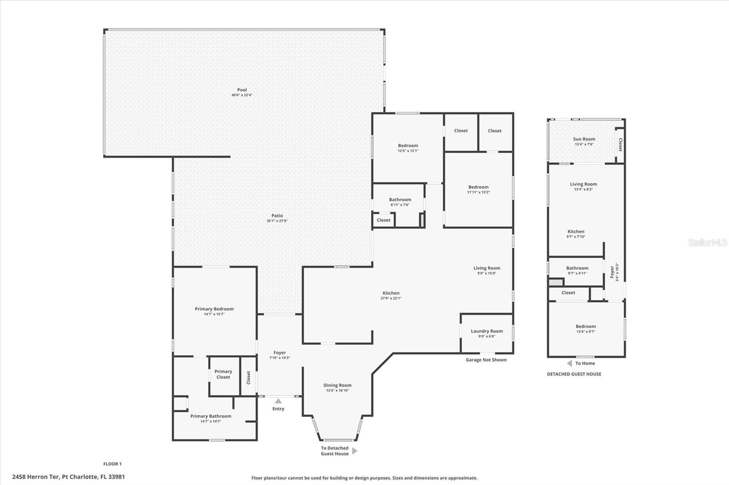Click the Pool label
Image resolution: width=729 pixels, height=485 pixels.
pyautogui.click(x=242, y=90)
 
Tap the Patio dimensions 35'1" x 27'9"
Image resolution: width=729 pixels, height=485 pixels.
pyautogui.click(x=277, y=221)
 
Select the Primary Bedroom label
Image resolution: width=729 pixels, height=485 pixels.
pyautogui.click(x=214, y=309)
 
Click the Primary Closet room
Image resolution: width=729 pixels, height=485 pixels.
pyautogui.click(x=223, y=374)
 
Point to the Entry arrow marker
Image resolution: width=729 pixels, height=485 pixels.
pyautogui.click(x=278, y=401)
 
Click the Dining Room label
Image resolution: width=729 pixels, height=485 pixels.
pyautogui.click(x=337, y=385)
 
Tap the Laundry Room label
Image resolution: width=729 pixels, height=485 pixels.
pyautogui.click(x=487, y=331)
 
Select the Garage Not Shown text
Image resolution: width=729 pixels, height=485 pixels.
pyautogui.click(x=486, y=360)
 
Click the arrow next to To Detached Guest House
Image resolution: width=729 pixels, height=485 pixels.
pyautogui.click(x=355, y=451)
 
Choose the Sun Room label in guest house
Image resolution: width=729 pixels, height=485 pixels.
pyautogui.click(x=584, y=139)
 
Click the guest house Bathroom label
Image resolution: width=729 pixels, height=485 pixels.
pyautogui.click(x=577, y=268)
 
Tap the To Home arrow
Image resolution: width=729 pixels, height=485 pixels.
pyautogui.click(x=569, y=363)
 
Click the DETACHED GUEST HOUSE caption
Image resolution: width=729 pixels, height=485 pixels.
pyautogui.click(x=574, y=374)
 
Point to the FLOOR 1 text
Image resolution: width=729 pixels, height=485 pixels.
pyautogui.click(x=113, y=464)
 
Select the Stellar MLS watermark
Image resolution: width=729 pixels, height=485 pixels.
pyautogui.click(x=707, y=242)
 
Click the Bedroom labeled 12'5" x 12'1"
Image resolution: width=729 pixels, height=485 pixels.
pyautogui.click(x=408, y=146)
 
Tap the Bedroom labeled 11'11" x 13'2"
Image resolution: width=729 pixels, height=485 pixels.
pyautogui.click(x=478, y=187)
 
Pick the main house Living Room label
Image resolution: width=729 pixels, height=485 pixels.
pyautogui.click(x=487, y=268)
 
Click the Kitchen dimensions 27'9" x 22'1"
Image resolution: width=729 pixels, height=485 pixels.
pyautogui.click(x=390, y=298)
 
